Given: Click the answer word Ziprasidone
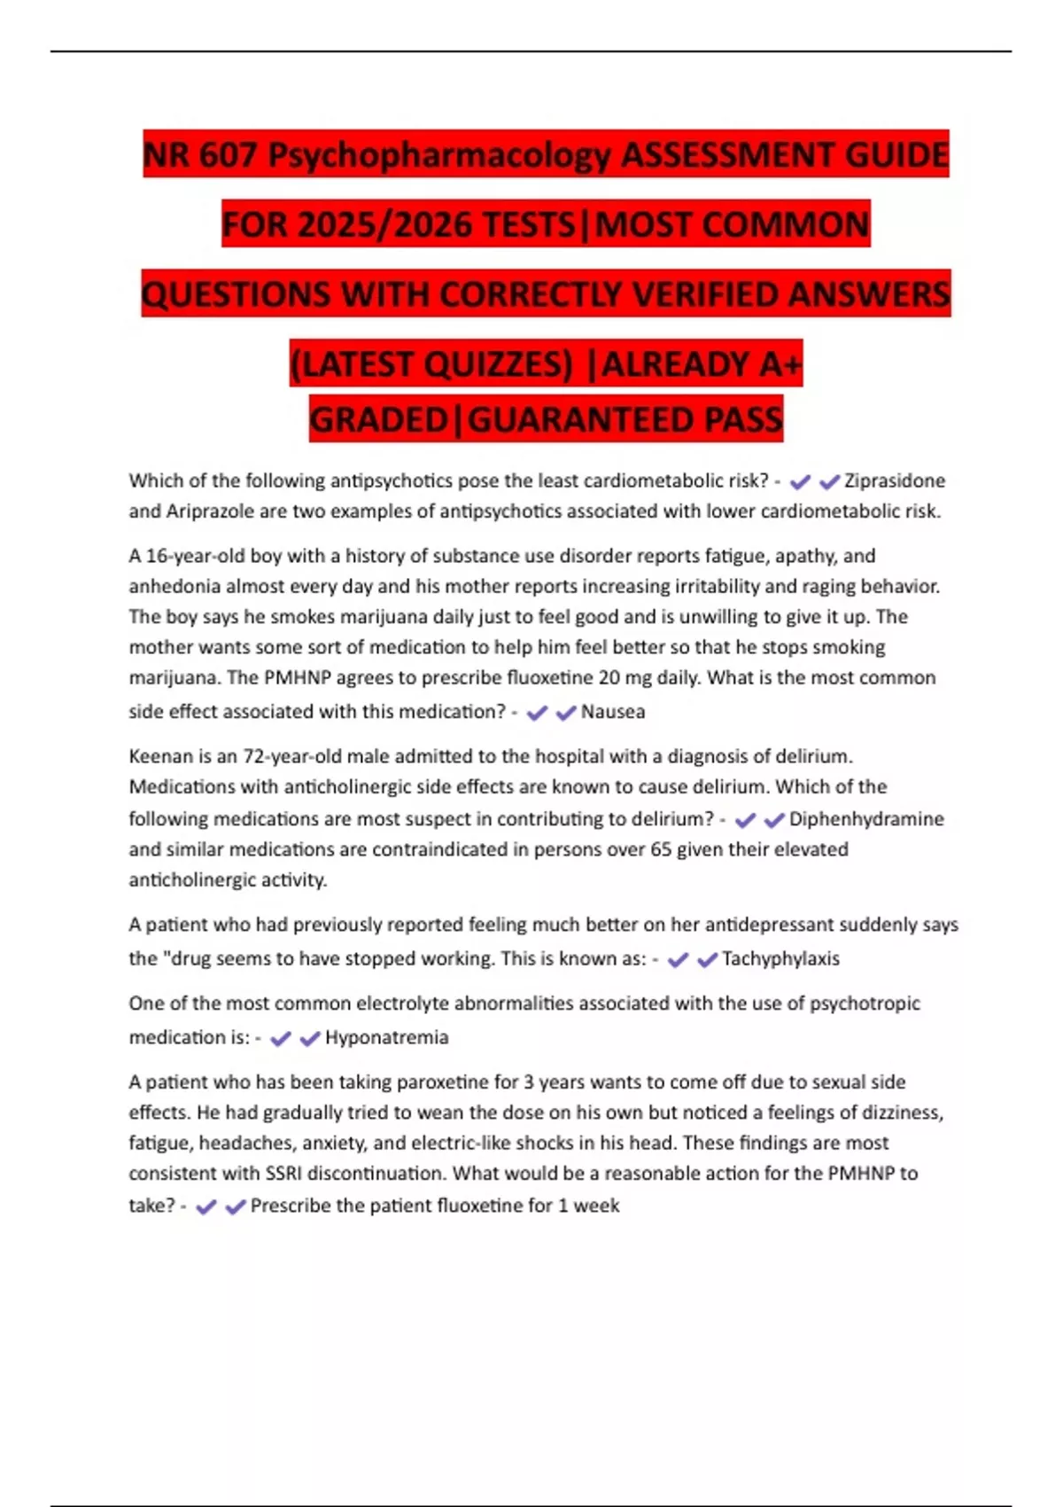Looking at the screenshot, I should (x=894, y=480).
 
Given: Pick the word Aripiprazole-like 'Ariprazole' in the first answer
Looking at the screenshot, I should (x=210, y=511).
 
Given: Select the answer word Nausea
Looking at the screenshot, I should (x=612, y=712).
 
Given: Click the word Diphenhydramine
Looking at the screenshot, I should (x=865, y=819).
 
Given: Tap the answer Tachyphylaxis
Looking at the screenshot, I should (x=780, y=959).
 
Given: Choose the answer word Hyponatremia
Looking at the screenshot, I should (x=386, y=1038).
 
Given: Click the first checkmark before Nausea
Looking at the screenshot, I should (x=537, y=713).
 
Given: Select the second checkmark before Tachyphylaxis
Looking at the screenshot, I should (x=707, y=960).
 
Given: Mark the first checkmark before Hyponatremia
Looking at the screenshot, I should (x=281, y=1039).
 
